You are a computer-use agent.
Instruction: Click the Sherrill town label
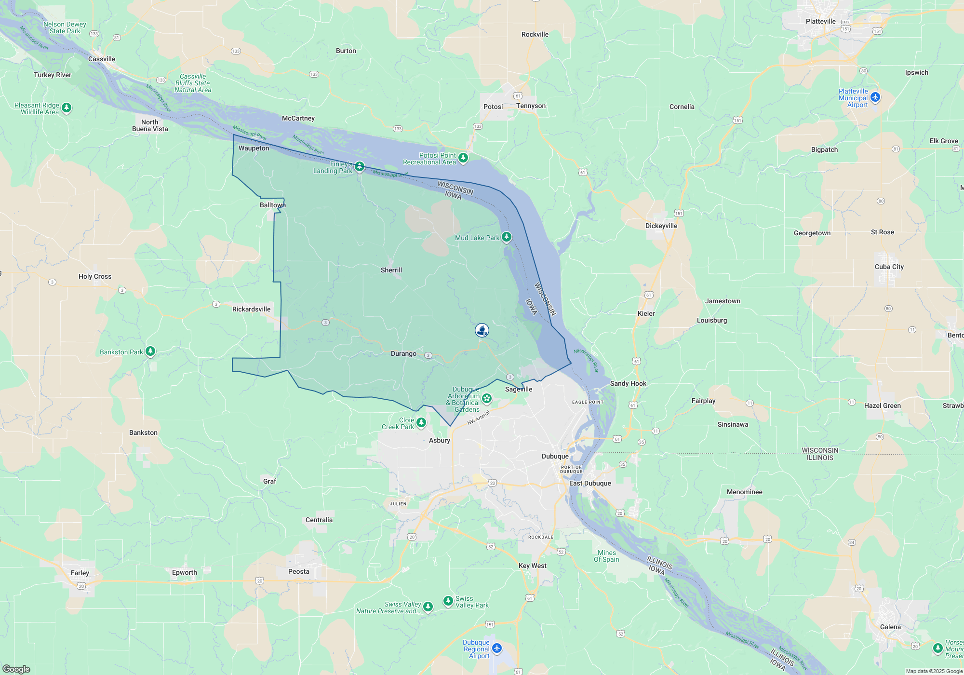[391, 270]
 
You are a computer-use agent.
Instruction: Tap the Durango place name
[403, 353]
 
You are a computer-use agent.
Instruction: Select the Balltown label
[272, 205]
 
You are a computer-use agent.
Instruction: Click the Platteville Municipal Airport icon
[875, 97]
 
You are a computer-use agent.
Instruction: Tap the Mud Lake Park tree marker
[506, 237]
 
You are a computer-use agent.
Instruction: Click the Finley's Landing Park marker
[360, 167]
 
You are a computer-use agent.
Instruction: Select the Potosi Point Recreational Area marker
[463, 158]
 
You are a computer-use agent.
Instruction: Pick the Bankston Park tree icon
[150, 351]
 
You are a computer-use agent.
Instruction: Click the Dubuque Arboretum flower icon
[487, 398]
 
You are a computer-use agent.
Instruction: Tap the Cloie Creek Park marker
[421, 422]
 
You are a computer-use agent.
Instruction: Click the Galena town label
[890, 627]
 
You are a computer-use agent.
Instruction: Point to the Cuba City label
[889, 267]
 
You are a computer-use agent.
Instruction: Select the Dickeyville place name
[661, 226]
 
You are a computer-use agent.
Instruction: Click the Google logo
[16, 669]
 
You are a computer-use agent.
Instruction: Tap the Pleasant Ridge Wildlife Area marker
[67, 108]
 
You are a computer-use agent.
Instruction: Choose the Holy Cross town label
[95, 276]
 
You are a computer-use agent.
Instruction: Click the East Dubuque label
[590, 483]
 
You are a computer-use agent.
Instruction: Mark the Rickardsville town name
[251, 309]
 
